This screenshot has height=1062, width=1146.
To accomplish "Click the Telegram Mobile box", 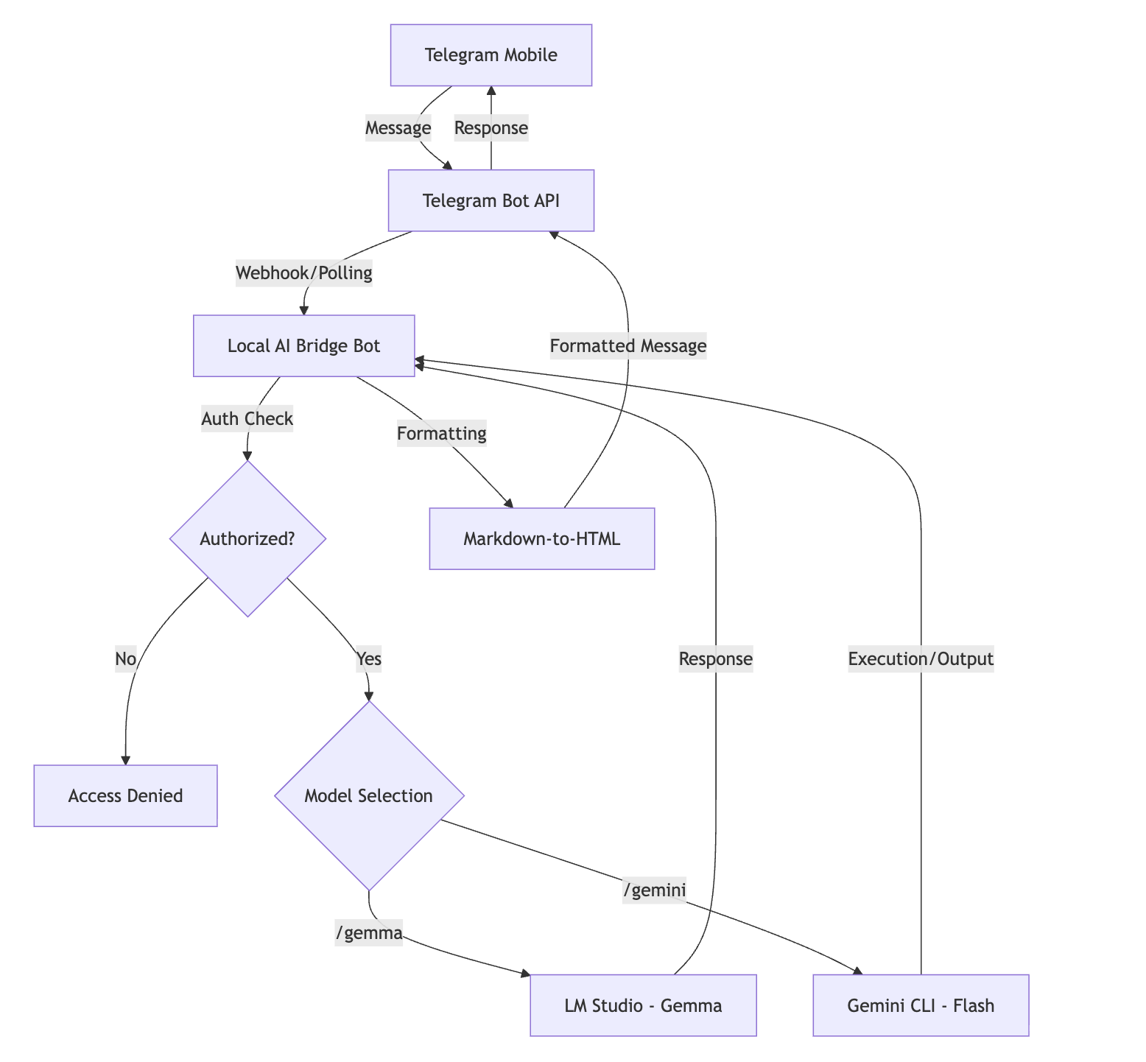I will pyautogui.click(x=491, y=55).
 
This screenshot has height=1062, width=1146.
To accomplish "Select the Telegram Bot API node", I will pyautogui.click(x=491, y=201).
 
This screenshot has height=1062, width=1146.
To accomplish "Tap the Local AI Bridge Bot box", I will pyautogui.click(x=303, y=346).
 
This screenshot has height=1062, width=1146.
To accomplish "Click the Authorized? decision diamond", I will pyautogui.click(x=247, y=538).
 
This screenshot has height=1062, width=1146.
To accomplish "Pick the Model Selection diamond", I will pyautogui.click(x=368, y=796).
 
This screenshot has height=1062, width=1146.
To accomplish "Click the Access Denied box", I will pyautogui.click(x=125, y=796).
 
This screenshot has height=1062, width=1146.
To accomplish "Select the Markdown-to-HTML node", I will pyautogui.click(x=541, y=538).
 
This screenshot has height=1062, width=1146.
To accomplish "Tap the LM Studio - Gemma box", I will pyautogui.click(x=643, y=1005).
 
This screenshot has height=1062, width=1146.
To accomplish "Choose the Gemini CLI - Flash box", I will pyautogui.click(x=921, y=1005).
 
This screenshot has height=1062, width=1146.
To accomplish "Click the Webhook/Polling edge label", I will pyautogui.click(x=303, y=273).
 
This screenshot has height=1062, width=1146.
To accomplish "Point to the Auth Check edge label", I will pyautogui.click(x=247, y=419).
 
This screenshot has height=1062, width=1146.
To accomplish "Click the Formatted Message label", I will pyautogui.click(x=628, y=345).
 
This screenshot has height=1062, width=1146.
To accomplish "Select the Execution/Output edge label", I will pyautogui.click(x=921, y=659).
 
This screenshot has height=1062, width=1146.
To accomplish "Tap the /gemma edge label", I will pyautogui.click(x=368, y=933).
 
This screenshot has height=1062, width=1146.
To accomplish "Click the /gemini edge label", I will pyautogui.click(x=655, y=890).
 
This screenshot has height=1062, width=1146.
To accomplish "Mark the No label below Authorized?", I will pyautogui.click(x=126, y=658).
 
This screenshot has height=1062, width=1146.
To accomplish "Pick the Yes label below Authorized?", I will pyautogui.click(x=368, y=658).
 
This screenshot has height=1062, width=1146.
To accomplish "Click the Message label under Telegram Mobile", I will pyautogui.click(x=398, y=128).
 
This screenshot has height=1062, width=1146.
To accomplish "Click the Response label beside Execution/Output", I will pyautogui.click(x=716, y=659).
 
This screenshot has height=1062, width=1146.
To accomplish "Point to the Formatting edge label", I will pyautogui.click(x=442, y=434).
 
